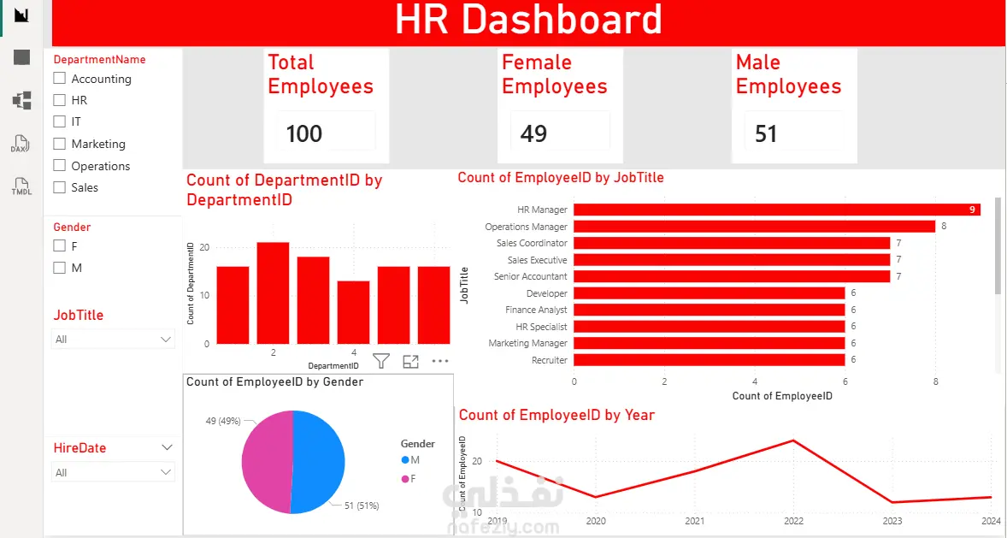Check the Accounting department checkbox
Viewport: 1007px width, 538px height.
60,79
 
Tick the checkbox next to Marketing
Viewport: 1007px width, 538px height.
60,144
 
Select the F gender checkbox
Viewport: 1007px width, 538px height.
60,245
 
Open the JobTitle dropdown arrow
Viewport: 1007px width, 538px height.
166,340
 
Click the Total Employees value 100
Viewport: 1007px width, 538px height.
303,133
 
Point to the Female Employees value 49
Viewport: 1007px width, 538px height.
533,133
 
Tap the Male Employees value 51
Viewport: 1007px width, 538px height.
766,133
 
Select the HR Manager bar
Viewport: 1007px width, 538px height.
777,210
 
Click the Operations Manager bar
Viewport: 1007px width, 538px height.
755,227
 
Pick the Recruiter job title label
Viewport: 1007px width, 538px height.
550,361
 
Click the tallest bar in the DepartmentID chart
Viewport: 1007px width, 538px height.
273,293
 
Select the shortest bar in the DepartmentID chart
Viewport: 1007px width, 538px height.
353,312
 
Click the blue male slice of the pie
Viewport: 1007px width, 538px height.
319,462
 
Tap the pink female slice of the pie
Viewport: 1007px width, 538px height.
267,462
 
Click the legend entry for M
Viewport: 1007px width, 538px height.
410,460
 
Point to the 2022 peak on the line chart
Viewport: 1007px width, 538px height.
794,440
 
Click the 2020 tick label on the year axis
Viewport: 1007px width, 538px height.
595,521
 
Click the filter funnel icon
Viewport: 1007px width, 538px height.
381,361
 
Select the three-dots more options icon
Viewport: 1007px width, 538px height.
440,361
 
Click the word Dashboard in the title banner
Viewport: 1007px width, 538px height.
562,20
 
